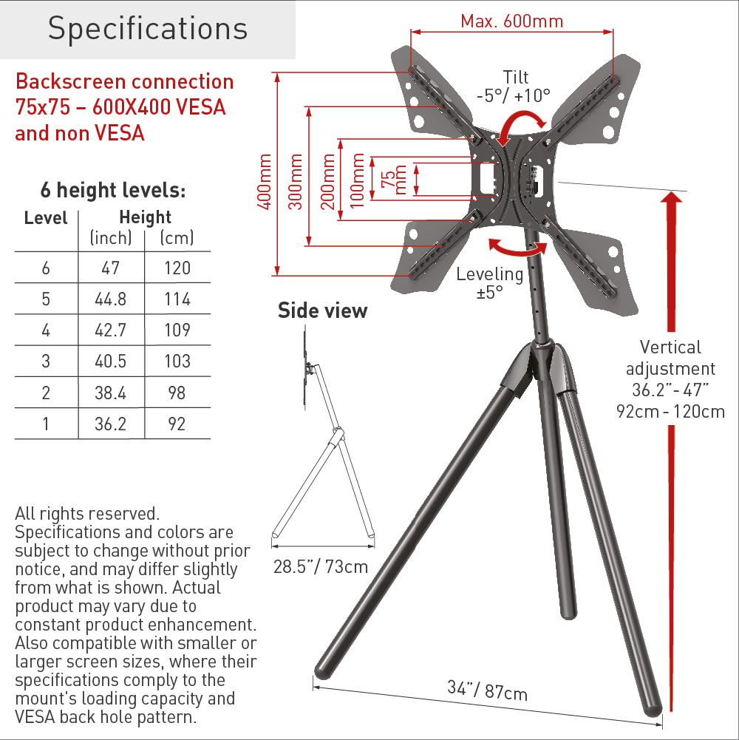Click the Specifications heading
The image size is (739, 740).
click(148, 29)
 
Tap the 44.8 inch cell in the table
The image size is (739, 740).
click(110, 299)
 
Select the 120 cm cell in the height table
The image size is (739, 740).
click(177, 268)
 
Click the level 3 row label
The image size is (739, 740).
click(46, 361)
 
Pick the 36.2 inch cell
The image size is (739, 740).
click(110, 424)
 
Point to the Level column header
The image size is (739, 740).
click(46, 218)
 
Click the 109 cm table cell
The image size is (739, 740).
click(177, 330)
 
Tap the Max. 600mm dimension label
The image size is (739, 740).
click(512, 21)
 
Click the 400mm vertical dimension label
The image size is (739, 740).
click(265, 182)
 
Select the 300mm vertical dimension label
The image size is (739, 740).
click(296, 182)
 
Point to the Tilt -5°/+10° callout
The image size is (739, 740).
click(514, 86)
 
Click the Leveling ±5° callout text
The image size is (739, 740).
click(490, 283)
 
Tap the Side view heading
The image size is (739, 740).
click(323, 311)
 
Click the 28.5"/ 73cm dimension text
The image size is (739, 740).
click(321, 567)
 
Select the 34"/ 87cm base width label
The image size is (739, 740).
click(488, 690)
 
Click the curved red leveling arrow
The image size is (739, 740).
click(518, 248)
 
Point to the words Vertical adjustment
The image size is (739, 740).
click(670, 359)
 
